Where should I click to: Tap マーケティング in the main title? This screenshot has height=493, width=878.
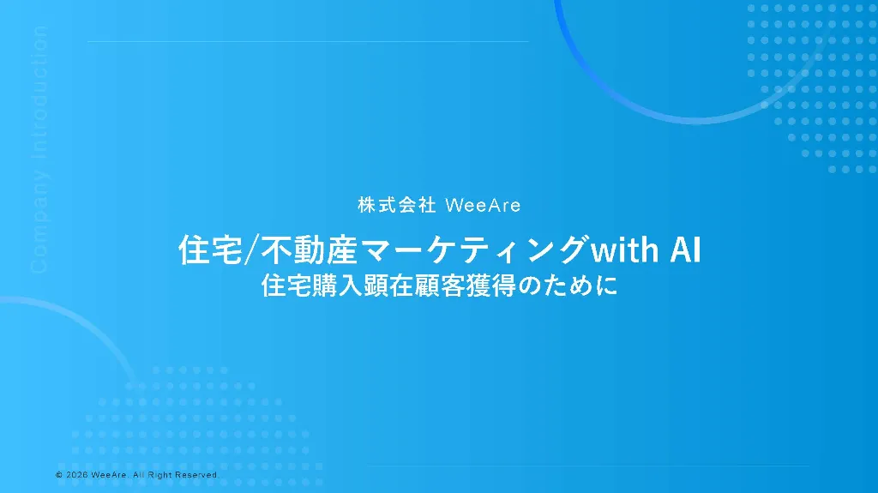475,250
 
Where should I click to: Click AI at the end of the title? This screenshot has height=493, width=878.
685,250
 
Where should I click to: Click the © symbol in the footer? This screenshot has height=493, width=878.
58,475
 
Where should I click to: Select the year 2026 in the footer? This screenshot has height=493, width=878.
77,475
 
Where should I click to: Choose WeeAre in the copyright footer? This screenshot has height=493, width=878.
111,475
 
